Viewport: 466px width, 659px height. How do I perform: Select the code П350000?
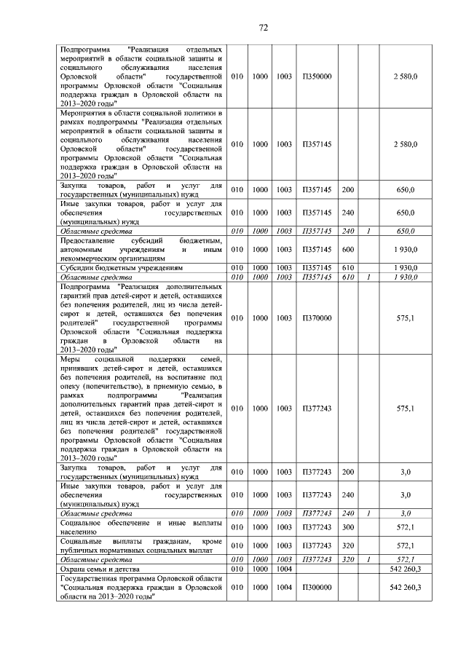[x=317, y=76]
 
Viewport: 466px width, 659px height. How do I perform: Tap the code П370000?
[x=317, y=318]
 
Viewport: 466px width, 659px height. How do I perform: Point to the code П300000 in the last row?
[x=317, y=586]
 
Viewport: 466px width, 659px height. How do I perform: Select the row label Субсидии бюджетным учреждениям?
[x=111, y=267]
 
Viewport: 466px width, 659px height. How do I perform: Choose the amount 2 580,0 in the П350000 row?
[x=405, y=76]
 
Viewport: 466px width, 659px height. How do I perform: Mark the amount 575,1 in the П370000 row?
[x=405, y=318]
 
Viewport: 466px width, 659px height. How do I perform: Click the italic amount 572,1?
[x=406, y=559]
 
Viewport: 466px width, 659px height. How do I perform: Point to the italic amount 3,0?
[x=406, y=513]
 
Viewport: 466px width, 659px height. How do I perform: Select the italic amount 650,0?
[x=406, y=232]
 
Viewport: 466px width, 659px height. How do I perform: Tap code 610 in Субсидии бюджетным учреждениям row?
[x=348, y=267]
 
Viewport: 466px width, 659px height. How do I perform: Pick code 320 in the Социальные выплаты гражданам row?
[x=348, y=545]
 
